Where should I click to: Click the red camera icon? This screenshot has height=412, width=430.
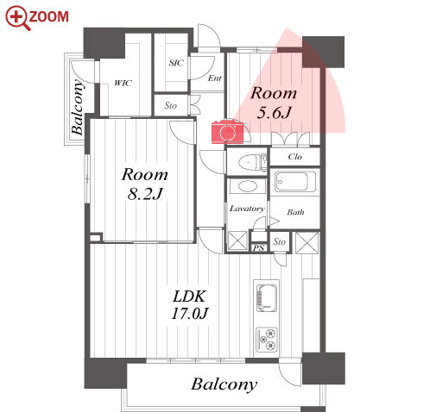[227, 133]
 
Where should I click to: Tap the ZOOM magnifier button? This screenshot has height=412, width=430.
[37, 18]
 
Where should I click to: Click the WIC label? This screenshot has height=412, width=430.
[123, 84]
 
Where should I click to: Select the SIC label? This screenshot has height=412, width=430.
[176, 63]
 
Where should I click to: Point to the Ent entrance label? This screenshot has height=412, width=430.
[215, 78]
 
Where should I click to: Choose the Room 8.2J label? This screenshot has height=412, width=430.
[145, 184]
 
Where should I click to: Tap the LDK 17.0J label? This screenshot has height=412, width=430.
[190, 305]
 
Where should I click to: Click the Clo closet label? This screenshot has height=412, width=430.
[295, 157]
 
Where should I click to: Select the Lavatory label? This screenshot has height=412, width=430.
[247, 209]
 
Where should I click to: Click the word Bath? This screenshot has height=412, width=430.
[295, 212]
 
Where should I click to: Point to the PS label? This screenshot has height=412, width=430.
[258, 247]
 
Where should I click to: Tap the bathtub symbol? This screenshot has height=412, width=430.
[295, 182]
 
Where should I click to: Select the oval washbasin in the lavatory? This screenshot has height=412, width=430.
[247, 186]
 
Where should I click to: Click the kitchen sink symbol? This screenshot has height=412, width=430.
[267, 298]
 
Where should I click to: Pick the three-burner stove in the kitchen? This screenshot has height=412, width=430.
[267, 340]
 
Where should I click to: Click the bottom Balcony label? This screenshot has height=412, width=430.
[224, 384]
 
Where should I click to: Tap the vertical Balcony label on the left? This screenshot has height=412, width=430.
[78, 107]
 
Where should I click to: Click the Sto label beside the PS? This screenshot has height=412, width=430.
[279, 242]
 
